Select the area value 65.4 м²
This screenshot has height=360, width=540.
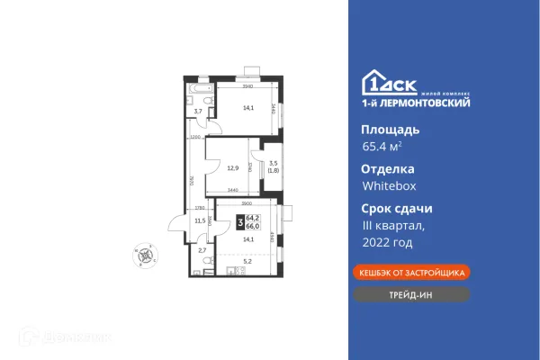[x=382, y=147]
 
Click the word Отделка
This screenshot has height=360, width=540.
[x=388, y=168]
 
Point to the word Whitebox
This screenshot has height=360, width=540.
[x=389, y=186]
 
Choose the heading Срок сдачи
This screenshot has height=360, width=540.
[x=397, y=208]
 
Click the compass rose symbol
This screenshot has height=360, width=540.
[x=143, y=253]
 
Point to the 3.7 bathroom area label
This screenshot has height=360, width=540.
[x=198, y=112]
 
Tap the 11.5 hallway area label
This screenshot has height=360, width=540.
[x=201, y=220]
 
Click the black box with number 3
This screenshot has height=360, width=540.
[x=239, y=221]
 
